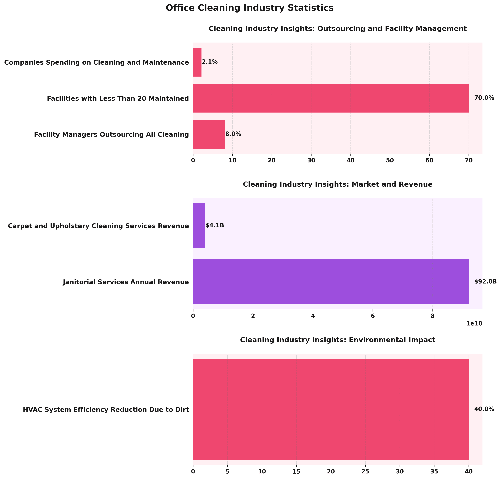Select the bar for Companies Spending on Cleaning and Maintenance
(197, 62)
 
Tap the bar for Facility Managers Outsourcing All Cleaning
(209, 134)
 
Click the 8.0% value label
(233, 134)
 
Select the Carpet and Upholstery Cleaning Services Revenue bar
(199, 225)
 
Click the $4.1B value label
(215, 225)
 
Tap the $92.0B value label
(485, 282)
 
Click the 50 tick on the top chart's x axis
(390, 160)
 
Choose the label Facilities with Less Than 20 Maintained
(118, 98)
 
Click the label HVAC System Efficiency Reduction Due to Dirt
(106, 410)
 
